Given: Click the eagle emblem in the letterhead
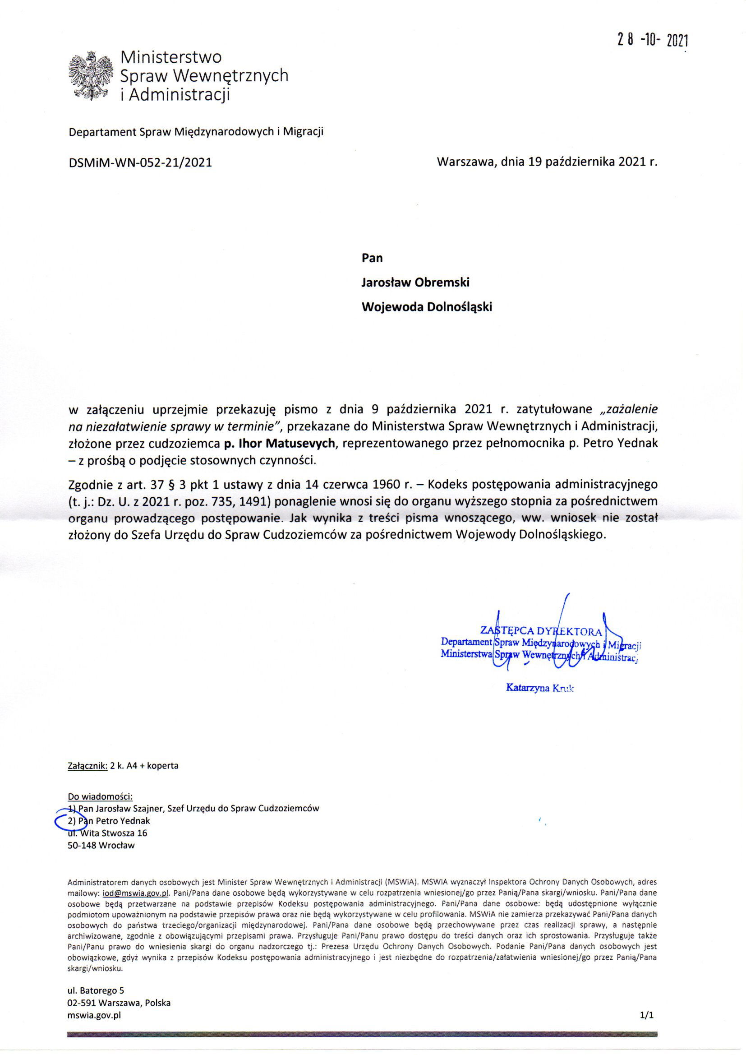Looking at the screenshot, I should [x=91, y=76].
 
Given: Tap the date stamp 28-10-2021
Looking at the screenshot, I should [x=652, y=41].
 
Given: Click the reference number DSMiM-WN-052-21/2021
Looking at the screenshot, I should [x=140, y=162].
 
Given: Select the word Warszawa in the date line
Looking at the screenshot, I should [x=464, y=162].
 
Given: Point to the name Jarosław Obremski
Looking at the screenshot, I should [x=416, y=282].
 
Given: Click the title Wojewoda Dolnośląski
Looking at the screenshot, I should [x=427, y=306].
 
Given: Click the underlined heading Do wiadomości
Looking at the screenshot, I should [x=100, y=796].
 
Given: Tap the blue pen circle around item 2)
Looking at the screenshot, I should [x=69, y=821].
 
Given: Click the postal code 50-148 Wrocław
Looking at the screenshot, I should [x=101, y=845].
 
